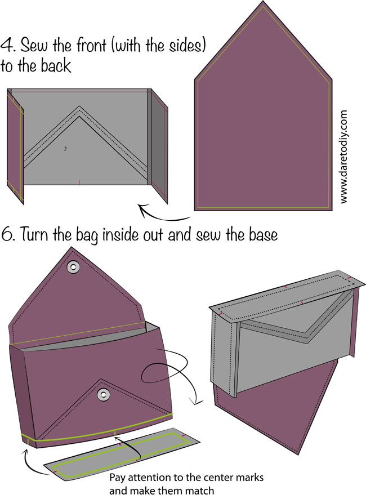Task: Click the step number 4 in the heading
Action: click(x=7, y=45)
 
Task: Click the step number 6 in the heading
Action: click(x=6, y=234)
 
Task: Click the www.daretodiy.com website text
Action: click(x=343, y=157)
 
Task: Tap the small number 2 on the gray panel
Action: click(x=65, y=149)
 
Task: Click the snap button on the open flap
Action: click(x=74, y=267)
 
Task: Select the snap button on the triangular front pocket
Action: click(x=103, y=395)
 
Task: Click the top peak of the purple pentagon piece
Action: click(x=263, y=1)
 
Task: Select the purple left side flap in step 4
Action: click(x=15, y=146)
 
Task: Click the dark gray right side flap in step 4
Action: click(x=159, y=146)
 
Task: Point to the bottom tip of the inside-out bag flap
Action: click(x=298, y=453)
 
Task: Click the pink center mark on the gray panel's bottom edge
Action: click(x=79, y=182)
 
